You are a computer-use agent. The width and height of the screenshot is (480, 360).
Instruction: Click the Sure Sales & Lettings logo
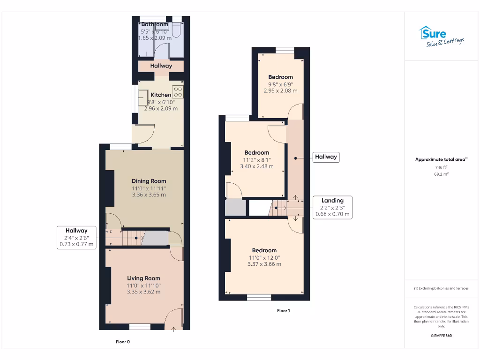pos(441,36)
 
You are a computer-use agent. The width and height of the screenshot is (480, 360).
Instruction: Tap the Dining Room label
pos(149,181)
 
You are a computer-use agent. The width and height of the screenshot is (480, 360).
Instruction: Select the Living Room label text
pos(143,278)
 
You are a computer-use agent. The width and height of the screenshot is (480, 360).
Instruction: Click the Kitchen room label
pos(161,95)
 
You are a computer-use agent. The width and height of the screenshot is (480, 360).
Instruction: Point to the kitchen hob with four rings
pos(178,91)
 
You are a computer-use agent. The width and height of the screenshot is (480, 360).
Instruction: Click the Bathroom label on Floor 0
pos(155,25)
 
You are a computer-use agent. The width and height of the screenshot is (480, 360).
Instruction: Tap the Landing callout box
pos(332,207)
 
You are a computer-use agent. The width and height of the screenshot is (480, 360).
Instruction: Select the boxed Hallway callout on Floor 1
pos(326,157)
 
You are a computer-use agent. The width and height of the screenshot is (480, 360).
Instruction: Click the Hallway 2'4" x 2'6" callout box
pos(76,237)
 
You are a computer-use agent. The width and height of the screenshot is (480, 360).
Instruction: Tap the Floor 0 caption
pos(123,342)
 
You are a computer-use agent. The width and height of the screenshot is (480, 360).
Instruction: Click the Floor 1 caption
pos(283,311)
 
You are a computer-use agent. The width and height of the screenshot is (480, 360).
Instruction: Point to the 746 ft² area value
pos(441,167)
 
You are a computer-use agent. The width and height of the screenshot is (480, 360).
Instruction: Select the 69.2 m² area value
pos(441,174)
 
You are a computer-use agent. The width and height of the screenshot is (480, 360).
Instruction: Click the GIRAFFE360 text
pos(441,336)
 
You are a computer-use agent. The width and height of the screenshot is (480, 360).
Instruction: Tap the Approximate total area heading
pos(441,160)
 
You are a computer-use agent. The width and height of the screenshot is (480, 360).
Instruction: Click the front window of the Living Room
pos(140,327)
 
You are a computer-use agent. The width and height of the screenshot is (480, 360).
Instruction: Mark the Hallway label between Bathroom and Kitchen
pos(161,66)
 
